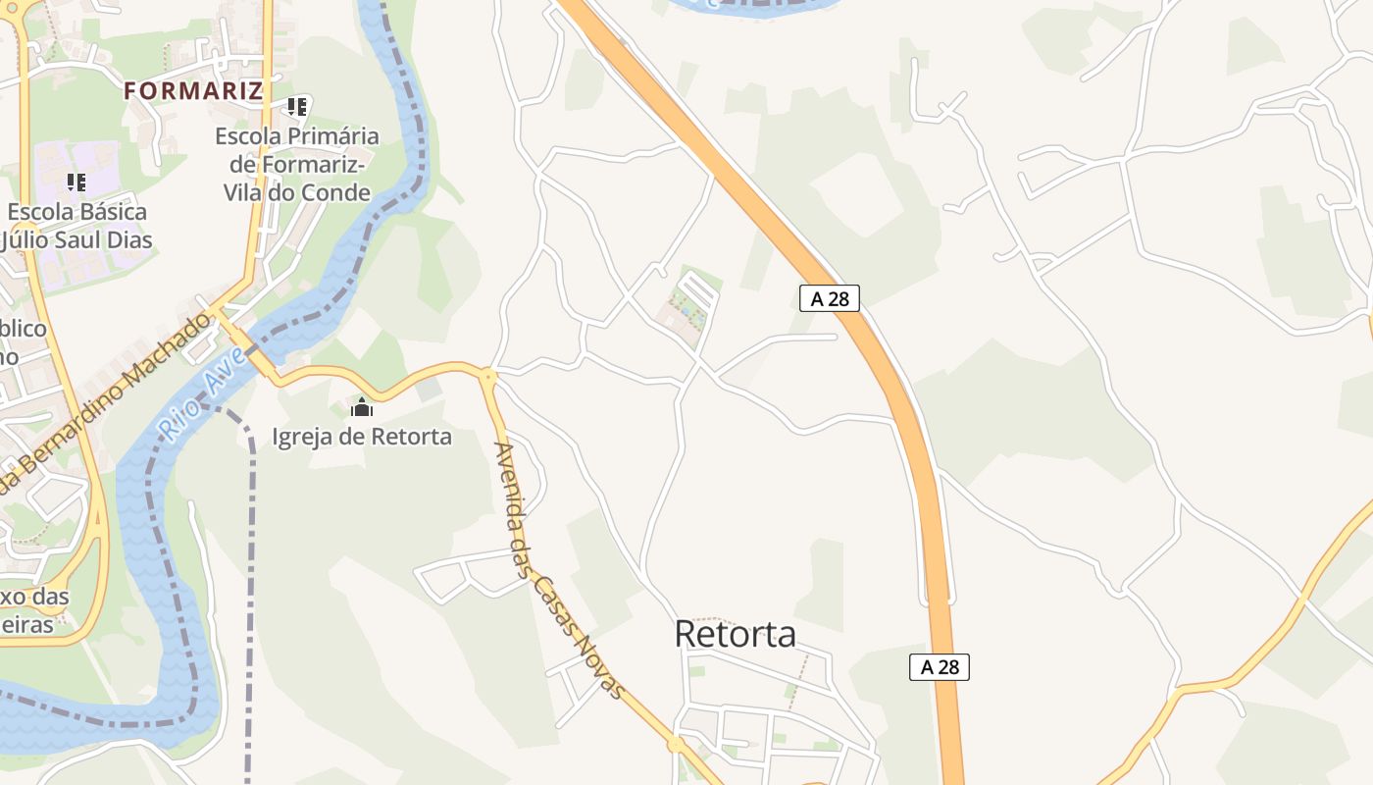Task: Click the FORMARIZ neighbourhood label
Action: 193,91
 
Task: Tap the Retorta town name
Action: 735,634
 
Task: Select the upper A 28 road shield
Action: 830,298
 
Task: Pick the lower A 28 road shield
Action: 939,667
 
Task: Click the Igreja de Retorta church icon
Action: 362,406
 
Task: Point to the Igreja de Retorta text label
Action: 362,436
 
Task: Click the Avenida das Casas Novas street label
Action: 558,569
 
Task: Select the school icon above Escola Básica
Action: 76,182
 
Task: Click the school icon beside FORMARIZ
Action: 297,106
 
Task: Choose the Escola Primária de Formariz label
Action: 297,164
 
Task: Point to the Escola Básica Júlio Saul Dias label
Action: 76,226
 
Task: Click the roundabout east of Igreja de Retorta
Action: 487,374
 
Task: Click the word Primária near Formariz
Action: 330,135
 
